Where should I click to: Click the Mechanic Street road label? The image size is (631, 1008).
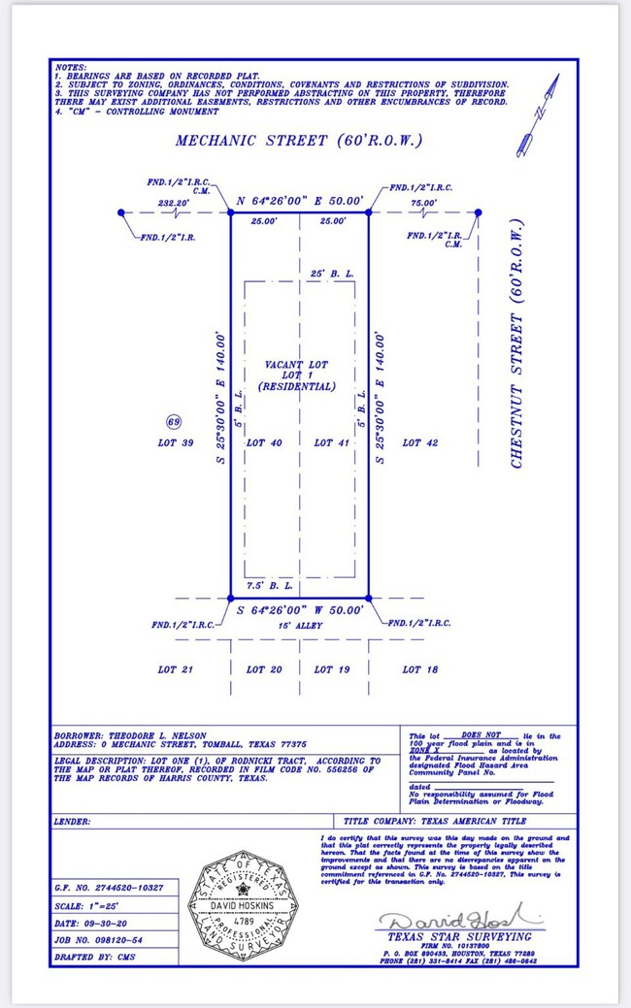click(x=299, y=141)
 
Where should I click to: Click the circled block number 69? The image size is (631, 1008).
click(x=175, y=422)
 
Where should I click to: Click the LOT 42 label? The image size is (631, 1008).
click(x=420, y=442)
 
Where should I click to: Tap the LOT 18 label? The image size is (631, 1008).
click(x=420, y=669)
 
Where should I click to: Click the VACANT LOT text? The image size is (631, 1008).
click(x=296, y=365)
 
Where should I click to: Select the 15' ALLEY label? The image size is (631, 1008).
click(x=299, y=626)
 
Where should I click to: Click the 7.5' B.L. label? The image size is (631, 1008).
click(x=264, y=586)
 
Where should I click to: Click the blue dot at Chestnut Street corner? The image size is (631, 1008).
click(x=478, y=212)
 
